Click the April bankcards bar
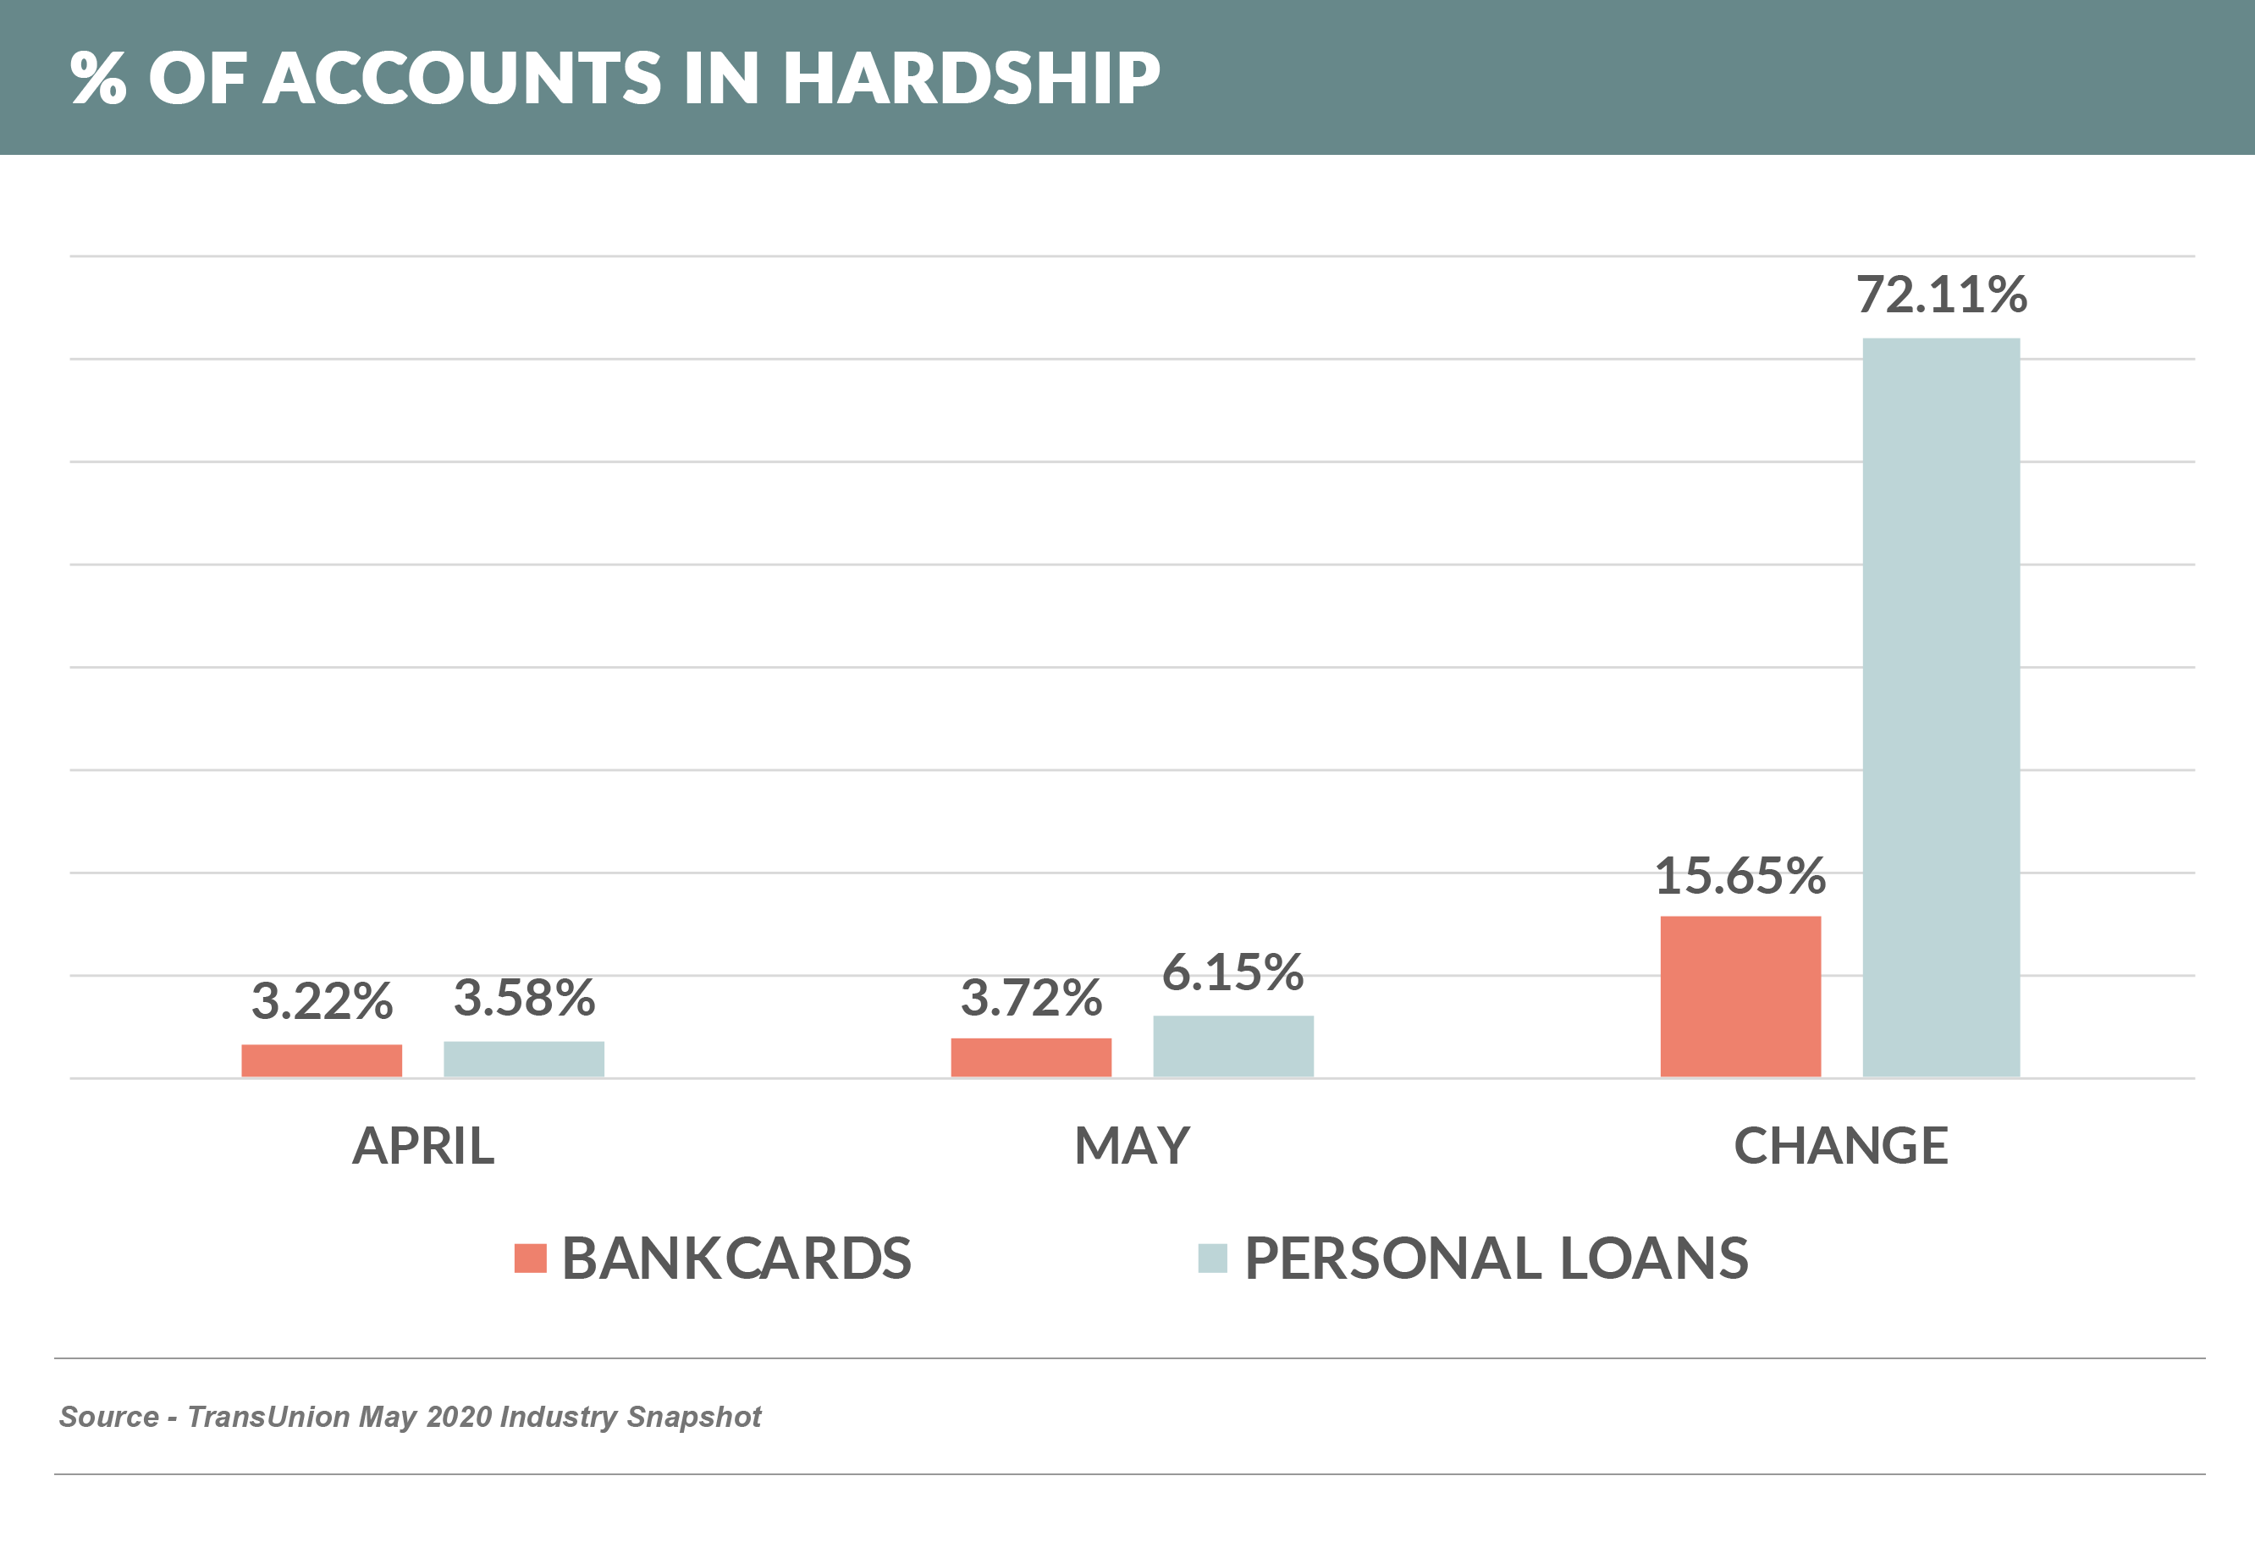click(321, 1060)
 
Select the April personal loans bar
click(524, 1059)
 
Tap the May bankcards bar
click(1030, 1057)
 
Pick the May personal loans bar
click(1233, 1046)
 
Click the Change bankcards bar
click(1739, 997)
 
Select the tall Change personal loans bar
click(1941, 708)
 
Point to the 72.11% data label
click(1941, 294)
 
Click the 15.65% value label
click(1739, 875)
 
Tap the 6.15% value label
click(1233, 972)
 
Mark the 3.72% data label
click(1030, 998)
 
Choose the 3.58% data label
click(524, 998)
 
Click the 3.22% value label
click(321, 1000)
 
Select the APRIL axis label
click(423, 1146)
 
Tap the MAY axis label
click(1132, 1146)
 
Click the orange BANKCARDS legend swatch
click(530, 1258)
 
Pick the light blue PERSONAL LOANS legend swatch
click(1212, 1258)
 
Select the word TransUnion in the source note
click(267, 1417)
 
